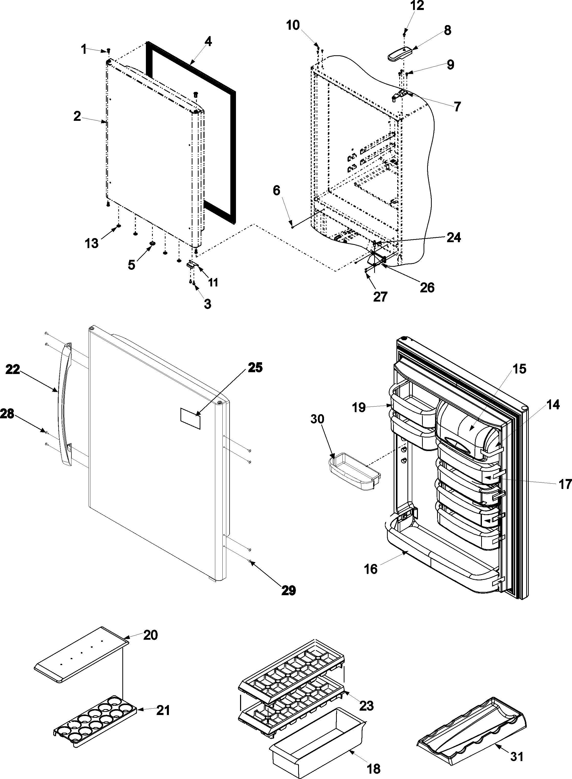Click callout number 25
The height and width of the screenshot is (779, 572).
click(255, 368)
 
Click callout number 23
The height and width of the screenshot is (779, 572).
click(366, 705)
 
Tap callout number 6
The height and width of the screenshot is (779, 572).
click(276, 190)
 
